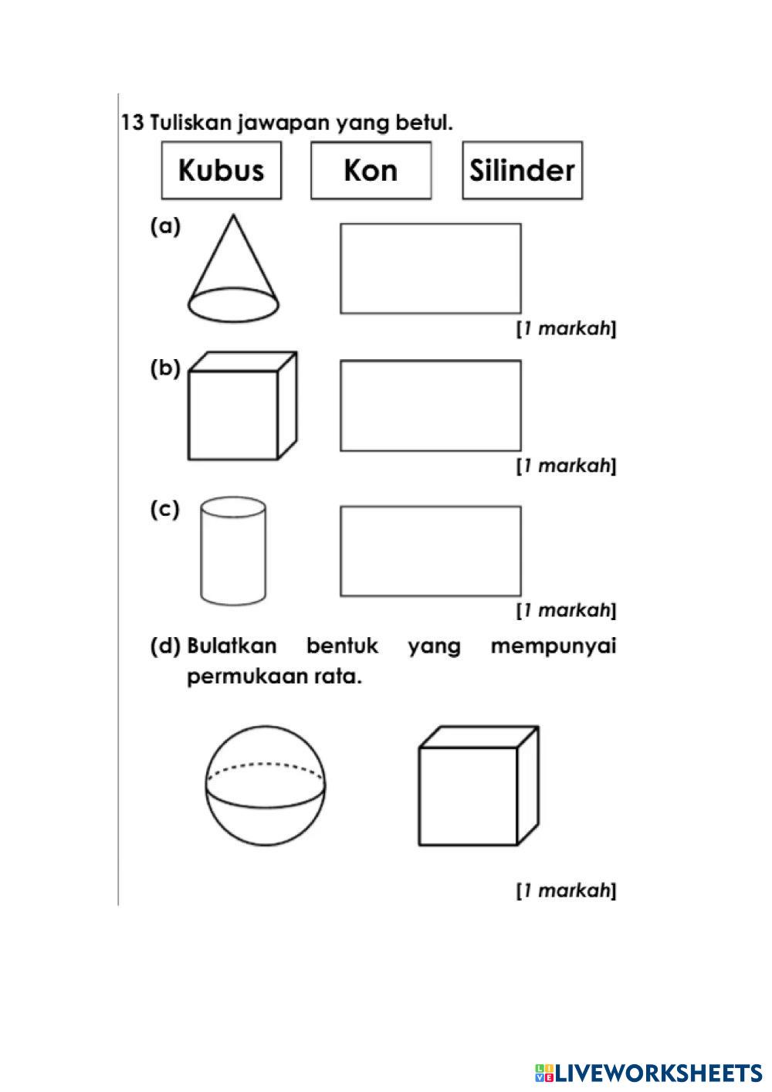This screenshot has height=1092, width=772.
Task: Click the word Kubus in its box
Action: coord(221,170)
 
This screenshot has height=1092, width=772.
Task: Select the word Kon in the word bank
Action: coord(371,170)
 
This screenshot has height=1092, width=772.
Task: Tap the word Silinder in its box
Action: coord(522,170)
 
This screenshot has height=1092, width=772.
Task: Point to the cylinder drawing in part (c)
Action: coord(233,551)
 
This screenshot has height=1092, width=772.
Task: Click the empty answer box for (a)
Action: coord(430,268)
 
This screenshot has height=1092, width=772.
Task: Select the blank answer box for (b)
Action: coord(430,405)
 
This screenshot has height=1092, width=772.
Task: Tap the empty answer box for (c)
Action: coord(430,551)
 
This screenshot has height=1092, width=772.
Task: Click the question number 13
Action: coord(132,123)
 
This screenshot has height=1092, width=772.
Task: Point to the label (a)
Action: coord(164,226)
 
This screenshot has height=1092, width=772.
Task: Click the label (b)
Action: coord(164,368)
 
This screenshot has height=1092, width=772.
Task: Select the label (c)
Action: coord(164,510)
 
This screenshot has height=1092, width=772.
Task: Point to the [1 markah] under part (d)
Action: coord(566,890)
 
